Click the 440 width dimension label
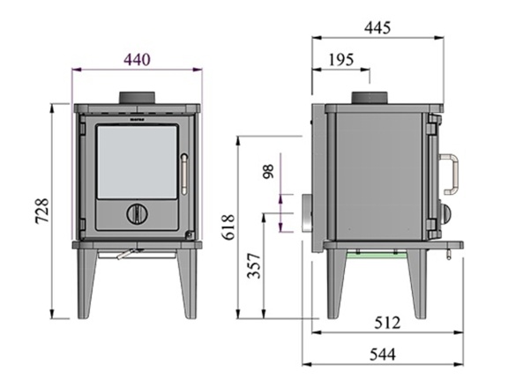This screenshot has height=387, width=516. tap(138, 59)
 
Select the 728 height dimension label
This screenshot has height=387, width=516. tap(41, 212)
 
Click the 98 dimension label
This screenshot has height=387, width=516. tap(269, 172)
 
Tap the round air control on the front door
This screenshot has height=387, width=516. tap(137, 213)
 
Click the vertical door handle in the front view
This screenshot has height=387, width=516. tap(184, 174)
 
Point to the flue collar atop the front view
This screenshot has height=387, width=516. tap(138, 97)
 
